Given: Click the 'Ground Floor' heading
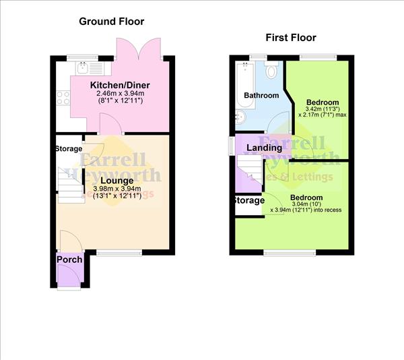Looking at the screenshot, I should pyautogui.click(x=112, y=22).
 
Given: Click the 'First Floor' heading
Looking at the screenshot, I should pyautogui.click(x=290, y=38).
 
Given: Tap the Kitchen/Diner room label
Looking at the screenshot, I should pyautogui.click(x=120, y=84).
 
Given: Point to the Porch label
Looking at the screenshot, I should pyautogui.click(x=69, y=260).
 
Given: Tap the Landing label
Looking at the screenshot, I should pyautogui.click(x=264, y=148).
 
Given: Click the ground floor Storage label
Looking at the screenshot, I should pyautogui.click(x=69, y=149).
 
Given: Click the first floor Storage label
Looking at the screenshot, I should pyautogui.click(x=248, y=201).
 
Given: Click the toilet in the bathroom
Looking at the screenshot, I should pyautogui.click(x=272, y=71).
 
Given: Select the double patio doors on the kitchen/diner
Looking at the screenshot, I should pyautogui.click(x=138, y=49).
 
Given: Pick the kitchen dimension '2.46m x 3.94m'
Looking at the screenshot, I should pyautogui.click(x=120, y=93).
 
